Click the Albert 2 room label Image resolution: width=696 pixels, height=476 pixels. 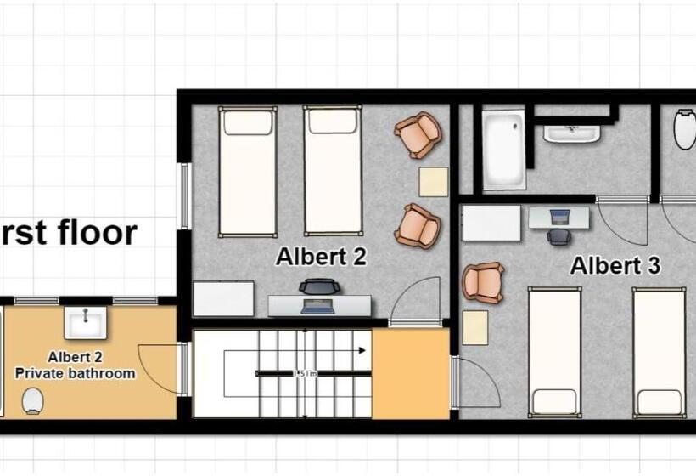point(321,257)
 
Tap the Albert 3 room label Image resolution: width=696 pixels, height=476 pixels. point(615,265)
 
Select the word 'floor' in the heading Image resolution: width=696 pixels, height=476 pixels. point(93,232)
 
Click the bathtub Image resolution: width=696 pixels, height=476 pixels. point(504,150)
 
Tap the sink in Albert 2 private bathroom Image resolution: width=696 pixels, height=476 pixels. point(85,323)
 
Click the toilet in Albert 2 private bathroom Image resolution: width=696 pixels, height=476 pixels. point(33,399)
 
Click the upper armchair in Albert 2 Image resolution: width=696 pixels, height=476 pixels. point(418,135)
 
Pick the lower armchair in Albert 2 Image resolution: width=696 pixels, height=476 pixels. point(418,225)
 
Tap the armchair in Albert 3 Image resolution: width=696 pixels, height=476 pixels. point(483,282)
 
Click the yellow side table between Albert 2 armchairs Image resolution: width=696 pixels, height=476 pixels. point(434,182)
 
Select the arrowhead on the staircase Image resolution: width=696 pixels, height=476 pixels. point(362,349)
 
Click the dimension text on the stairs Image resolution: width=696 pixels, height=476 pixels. point(305,373)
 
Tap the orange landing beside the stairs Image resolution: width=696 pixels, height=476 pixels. point(410,371)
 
